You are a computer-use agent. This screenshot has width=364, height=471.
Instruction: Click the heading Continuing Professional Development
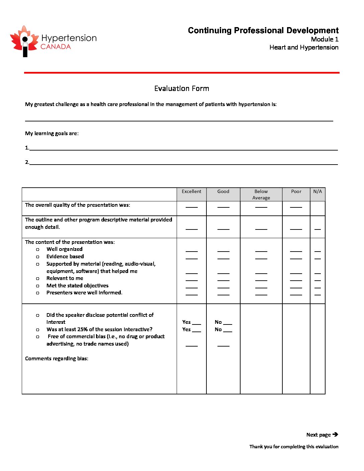click(x=263, y=30)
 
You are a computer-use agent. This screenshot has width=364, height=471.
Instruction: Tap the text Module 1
click(x=325, y=39)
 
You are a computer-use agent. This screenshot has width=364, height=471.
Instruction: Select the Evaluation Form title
click(x=182, y=89)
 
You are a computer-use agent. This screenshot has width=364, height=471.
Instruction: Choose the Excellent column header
click(x=191, y=192)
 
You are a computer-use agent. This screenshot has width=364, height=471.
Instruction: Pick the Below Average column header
click(x=261, y=194)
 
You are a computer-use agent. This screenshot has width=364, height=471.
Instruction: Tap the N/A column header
click(x=317, y=192)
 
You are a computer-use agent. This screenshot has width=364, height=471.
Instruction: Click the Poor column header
click(x=296, y=192)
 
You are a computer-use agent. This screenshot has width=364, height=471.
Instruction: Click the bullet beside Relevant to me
click(x=38, y=279)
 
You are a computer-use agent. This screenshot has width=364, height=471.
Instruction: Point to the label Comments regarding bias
click(x=57, y=359)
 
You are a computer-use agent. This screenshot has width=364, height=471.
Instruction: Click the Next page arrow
click(x=335, y=435)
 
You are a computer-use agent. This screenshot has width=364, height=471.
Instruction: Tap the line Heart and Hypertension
click(x=304, y=48)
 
